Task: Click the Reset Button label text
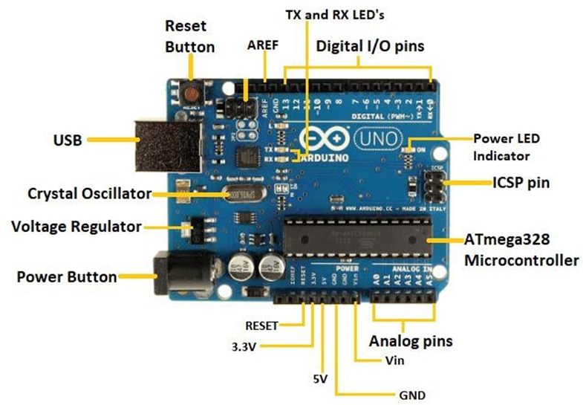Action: coord(189,36)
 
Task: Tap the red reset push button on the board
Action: coord(192,94)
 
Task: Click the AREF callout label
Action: coord(262,45)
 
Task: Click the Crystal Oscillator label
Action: coord(89,194)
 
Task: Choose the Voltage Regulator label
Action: coord(76,225)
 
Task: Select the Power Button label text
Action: coord(67,277)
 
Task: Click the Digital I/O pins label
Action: coord(370,46)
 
